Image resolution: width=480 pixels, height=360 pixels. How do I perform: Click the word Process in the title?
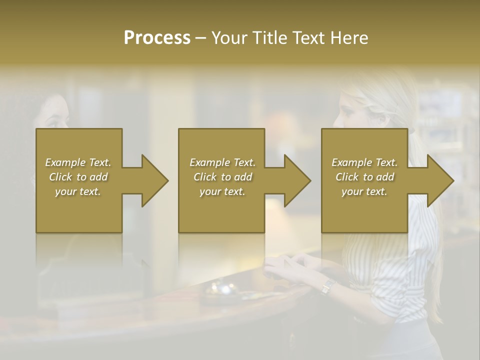click(157, 37)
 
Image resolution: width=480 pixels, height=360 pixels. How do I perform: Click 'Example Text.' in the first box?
click(78, 162)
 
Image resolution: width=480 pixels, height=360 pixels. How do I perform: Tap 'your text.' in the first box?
click(78, 191)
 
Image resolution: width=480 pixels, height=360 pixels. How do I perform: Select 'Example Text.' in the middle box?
click(222, 162)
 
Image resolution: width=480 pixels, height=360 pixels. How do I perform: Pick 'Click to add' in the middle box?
click(222, 177)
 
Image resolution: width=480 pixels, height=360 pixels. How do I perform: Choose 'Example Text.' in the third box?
click(364, 162)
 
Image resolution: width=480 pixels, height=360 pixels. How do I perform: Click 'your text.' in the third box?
click(364, 191)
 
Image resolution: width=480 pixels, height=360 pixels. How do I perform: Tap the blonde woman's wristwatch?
click(328, 286)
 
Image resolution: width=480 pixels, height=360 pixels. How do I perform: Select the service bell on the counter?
click(223, 290)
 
